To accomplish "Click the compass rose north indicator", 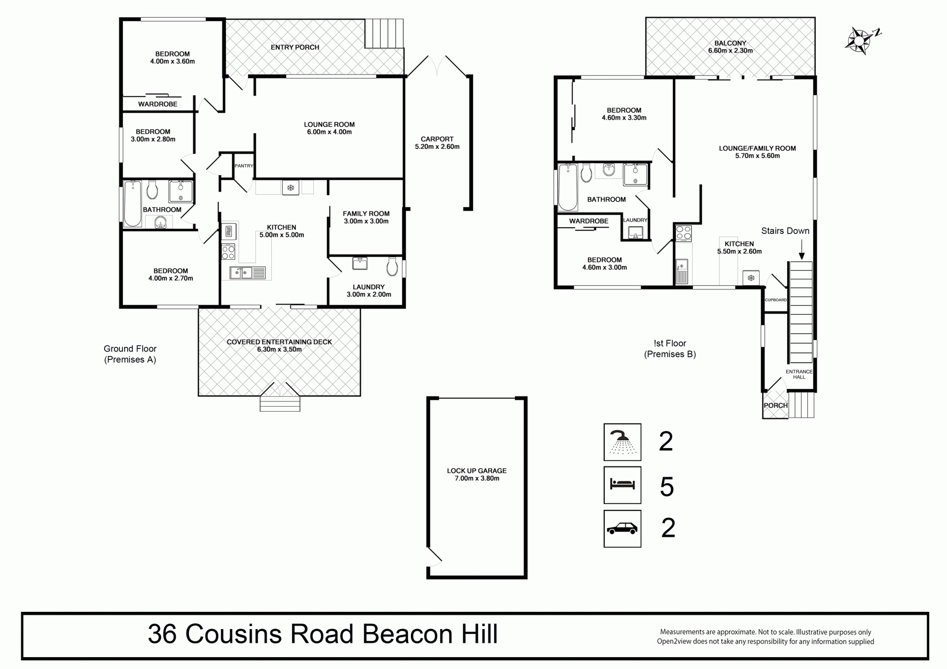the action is [863, 39].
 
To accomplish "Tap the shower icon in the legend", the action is [622, 442].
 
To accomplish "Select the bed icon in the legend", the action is [622, 485].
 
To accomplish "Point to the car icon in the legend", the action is [622, 528].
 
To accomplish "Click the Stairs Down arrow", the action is [801, 249].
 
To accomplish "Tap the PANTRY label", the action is [244, 166].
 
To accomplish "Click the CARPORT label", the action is [437, 139].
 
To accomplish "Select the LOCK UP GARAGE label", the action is [477, 471].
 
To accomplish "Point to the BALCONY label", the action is [730, 43].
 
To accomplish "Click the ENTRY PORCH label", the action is [295, 47].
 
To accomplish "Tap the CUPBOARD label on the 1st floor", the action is [776, 300].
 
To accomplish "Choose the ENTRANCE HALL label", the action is [799, 374].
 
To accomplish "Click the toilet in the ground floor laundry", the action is [393, 266].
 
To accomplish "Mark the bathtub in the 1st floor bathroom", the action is [568, 187].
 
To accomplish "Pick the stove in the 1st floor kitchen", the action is [684, 233].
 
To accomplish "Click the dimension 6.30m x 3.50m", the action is [279, 350].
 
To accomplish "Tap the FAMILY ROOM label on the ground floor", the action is [366, 213].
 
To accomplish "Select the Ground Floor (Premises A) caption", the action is [130, 354].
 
